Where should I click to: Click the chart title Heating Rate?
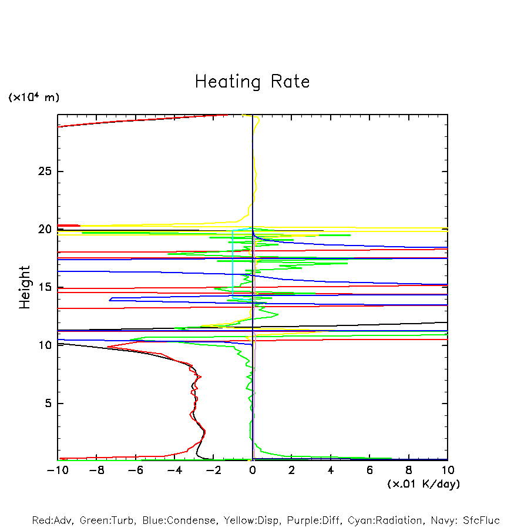252,82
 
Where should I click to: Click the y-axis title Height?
25,287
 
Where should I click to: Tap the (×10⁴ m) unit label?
33,98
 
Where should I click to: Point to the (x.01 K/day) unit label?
423,484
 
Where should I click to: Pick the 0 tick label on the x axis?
253,470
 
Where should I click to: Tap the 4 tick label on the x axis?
331,470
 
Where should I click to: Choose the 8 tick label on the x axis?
409,470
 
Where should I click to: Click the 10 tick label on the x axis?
448,470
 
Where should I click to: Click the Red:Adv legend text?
51,520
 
